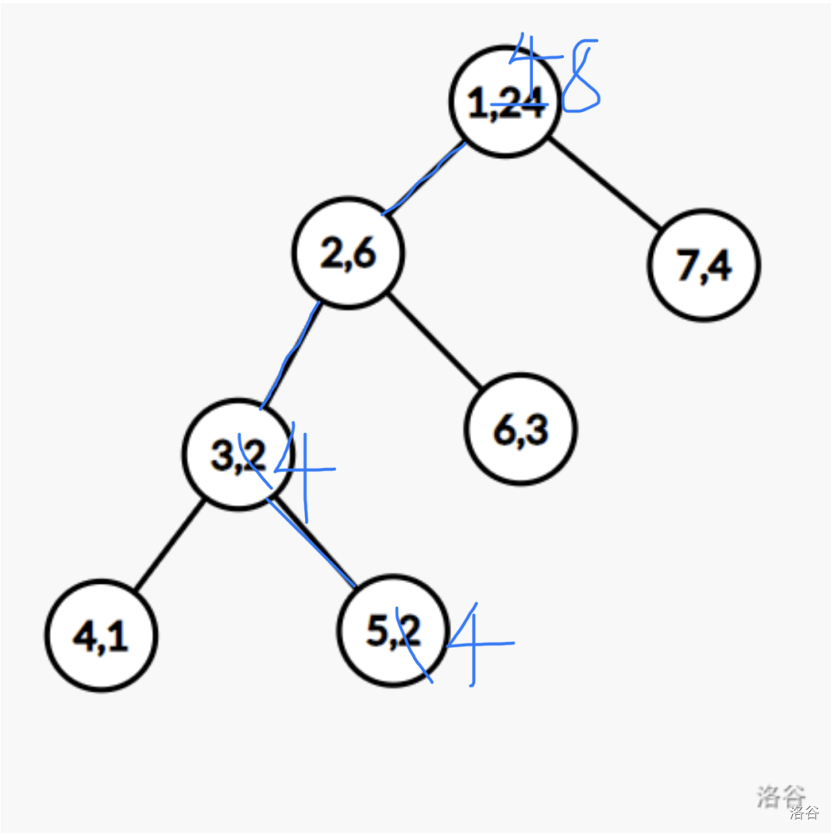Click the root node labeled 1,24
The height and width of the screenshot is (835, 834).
[505, 101]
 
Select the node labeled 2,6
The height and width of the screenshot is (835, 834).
[348, 252]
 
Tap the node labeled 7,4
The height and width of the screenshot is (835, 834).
[703, 265]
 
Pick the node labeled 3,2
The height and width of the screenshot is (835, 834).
[238, 455]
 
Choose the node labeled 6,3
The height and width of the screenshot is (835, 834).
[521, 428]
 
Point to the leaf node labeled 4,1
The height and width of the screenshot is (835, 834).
[101, 635]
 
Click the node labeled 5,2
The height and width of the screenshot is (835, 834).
[393, 630]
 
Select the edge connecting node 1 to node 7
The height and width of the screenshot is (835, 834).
[605, 183]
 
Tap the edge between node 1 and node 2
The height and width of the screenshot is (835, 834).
[426, 178]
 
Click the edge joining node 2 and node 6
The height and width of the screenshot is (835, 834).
[436, 339]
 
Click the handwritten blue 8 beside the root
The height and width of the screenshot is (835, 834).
[581, 77]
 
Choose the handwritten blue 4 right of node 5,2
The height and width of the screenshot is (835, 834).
[476, 643]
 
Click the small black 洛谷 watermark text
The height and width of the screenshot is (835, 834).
[804, 812]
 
